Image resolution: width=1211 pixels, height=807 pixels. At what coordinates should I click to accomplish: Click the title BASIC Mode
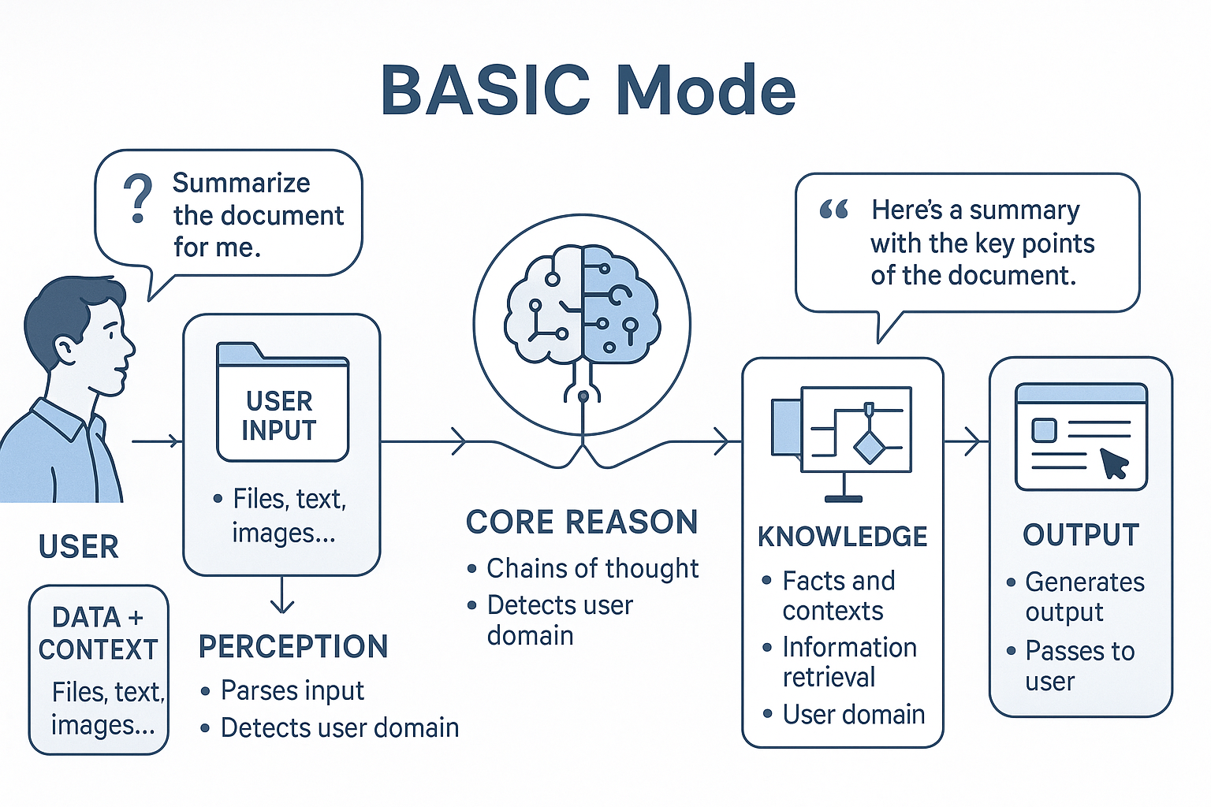tap(588, 90)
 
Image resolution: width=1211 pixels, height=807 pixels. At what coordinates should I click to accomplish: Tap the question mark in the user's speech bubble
tap(138, 198)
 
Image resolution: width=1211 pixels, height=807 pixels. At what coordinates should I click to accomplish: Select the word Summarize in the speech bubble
tap(241, 183)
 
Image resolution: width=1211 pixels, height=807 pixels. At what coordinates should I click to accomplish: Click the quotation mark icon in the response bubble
tap(833, 210)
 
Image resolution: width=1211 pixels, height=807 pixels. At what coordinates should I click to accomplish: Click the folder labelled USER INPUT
tap(282, 403)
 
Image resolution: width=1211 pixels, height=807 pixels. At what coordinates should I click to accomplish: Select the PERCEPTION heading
tap(293, 646)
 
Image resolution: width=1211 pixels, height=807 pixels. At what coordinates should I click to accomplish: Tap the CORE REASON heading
tap(582, 522)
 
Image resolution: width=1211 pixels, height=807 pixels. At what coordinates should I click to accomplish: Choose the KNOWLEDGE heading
tap(842, 537)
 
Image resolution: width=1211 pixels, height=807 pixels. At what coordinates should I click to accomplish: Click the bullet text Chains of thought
tap(592, 568)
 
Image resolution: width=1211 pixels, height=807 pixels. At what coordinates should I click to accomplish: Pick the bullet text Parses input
tap(292, 690)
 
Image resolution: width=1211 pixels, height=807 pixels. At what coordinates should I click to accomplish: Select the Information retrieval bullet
tap(848, 662)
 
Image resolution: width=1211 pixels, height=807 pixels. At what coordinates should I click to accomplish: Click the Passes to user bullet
tap(1079, 666)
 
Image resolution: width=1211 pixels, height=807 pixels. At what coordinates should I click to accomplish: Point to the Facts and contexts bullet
tap(837, 596)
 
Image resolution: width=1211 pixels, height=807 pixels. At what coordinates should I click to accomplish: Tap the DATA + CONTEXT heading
tap(99, 633)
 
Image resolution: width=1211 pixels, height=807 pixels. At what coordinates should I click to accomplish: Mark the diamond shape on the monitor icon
tap(870, 447)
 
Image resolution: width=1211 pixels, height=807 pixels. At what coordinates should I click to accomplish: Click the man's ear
tap(65, 349)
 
